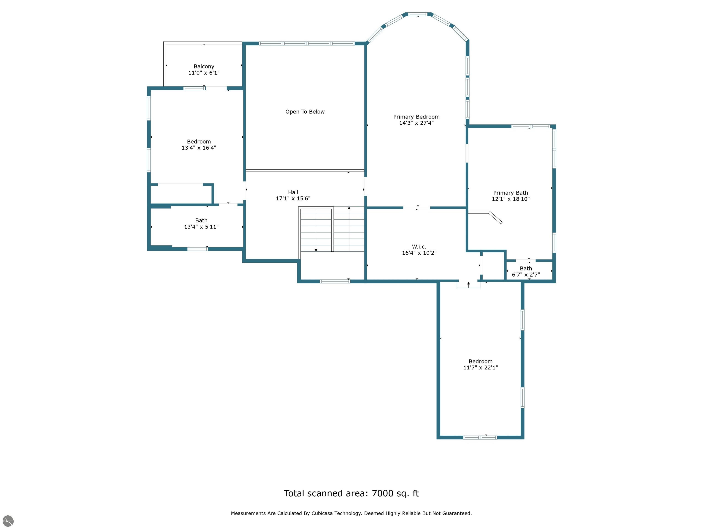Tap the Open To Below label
pyautogui.click(x=305, y=112)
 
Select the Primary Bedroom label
pyautogui.click(x=416, y=117)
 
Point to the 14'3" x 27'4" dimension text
pyautogui.click(x=416, y=123)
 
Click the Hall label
pyautogui.click(x=293, y=192)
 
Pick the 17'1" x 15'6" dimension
pyautogui.click(x=293, y=198)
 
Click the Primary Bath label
pyautogui.click(x=510, y=193)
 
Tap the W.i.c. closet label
pyautogui.click(x=419, y=247)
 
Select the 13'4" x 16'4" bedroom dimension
pyautogui.click(x=199, y=148)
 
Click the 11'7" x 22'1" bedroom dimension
pyautogui.click(x=481, y=367)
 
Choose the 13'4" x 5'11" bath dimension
pyautogui.click(x=201, y=227)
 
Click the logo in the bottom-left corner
pyautogui.click(x=8, y=521)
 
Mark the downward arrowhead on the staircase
pyautogui.click(x=316, y=250)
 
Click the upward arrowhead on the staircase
pyautogui.click(x=349, y=208)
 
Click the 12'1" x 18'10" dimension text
pyautogui.click(x=510, y=199)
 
